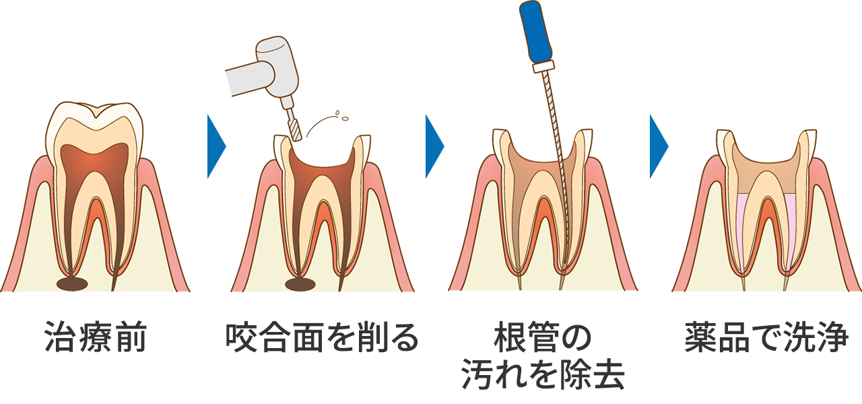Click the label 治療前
click(x=95, y=337)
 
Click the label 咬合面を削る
click(x=322, y=337)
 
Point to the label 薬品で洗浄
click(x=766, y=337)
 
